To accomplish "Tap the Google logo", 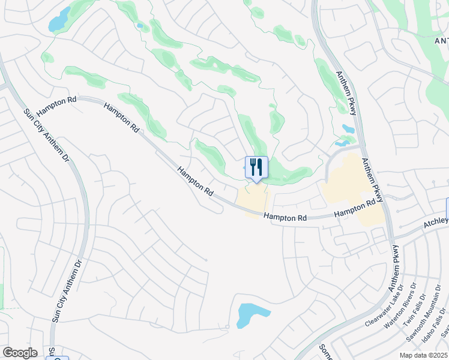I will (20, 353).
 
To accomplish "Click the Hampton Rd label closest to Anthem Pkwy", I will (358, 209).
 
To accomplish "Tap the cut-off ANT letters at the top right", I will (441, 40).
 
